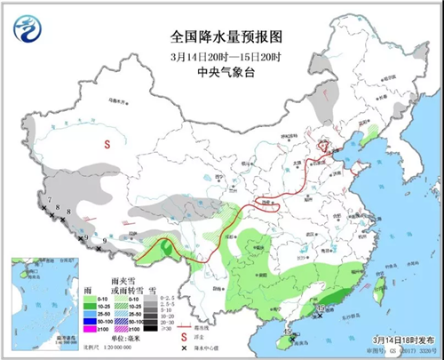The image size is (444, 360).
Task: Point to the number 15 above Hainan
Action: point(287,330)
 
